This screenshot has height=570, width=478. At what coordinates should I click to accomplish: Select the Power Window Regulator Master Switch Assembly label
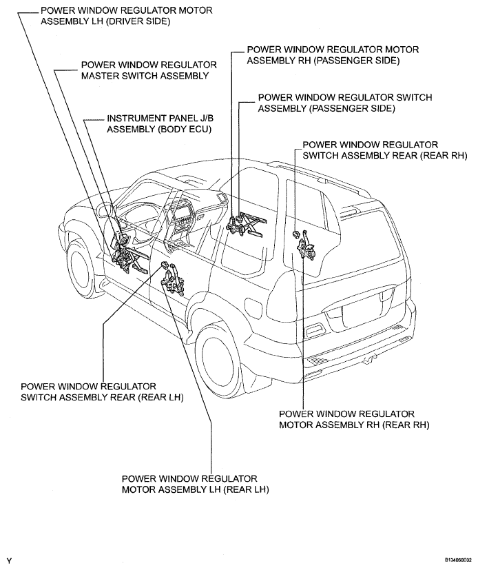click(149, 70)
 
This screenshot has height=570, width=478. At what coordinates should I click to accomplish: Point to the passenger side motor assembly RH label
click(332, 55)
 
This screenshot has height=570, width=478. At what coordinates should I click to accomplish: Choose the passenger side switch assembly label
click(344, 103)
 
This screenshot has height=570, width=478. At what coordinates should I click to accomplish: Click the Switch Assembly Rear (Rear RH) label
click(371, 150)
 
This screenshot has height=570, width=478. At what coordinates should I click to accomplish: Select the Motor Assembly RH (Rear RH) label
click(354, 419)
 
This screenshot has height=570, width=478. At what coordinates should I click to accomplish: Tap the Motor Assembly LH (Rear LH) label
click(194, 484)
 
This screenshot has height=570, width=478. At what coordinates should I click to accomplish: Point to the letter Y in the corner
click(9, 560)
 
